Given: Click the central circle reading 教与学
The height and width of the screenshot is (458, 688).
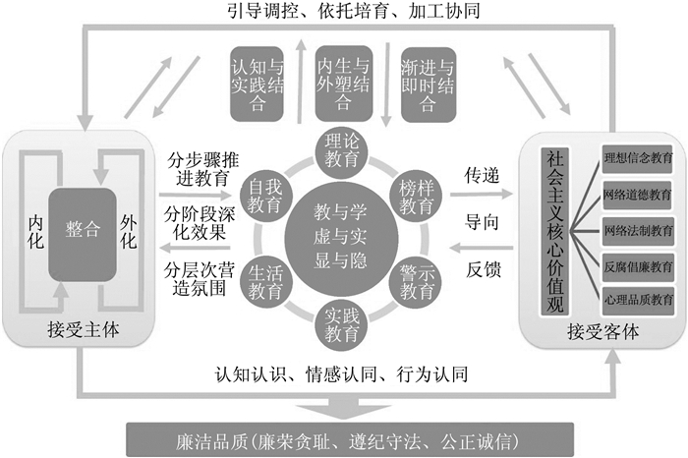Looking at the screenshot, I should point(343,236).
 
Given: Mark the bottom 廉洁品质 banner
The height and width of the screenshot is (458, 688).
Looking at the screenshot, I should point(343,435).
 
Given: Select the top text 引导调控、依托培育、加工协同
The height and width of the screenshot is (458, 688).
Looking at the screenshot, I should point(343,13).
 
